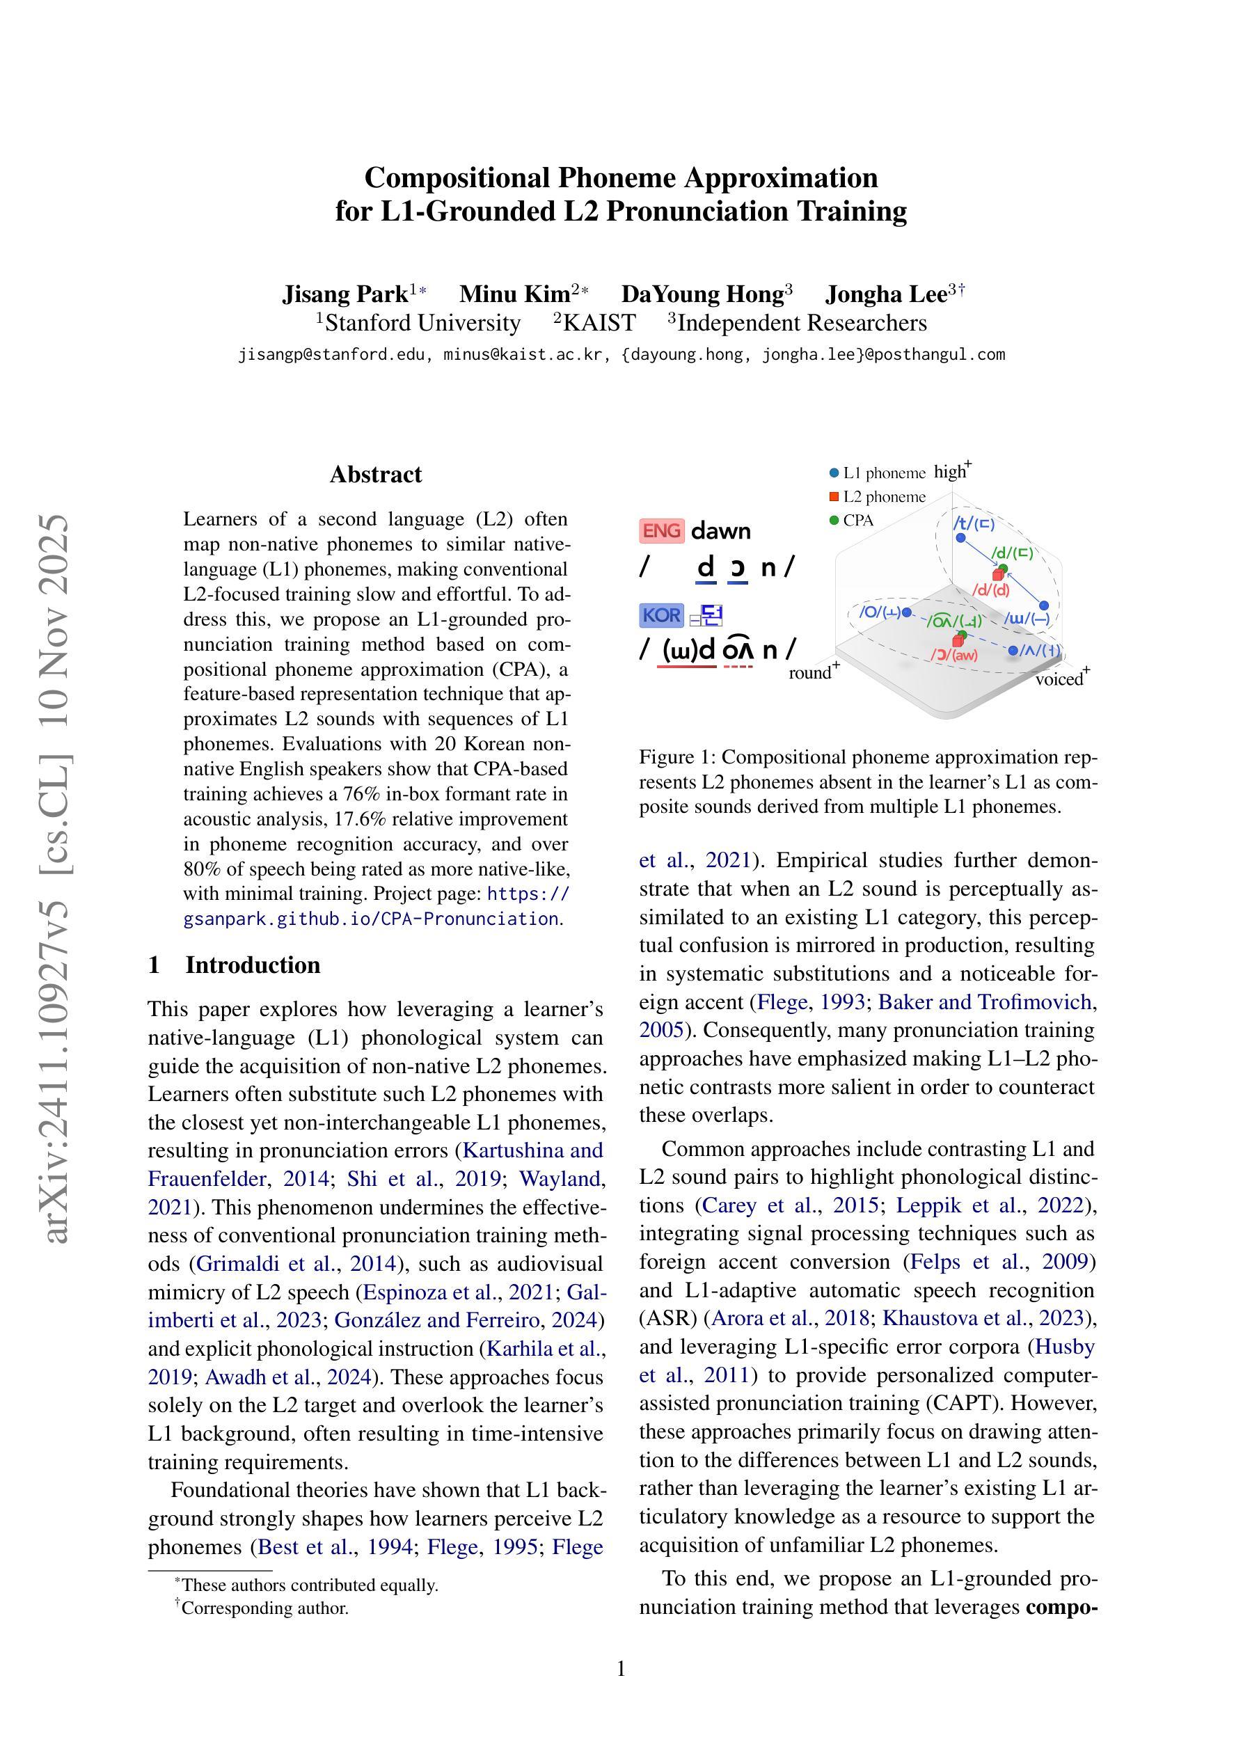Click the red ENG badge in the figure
tap(661, 530)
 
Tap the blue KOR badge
tap(661, 615)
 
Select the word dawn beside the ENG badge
tap(721, 530)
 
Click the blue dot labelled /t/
tap(960, 537)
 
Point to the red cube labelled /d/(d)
tap(997, 575)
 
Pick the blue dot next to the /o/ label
tap(907, 612)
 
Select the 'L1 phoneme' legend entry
tap(878, 473)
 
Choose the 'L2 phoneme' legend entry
tap(878, 497)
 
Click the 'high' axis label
tap(951, 472)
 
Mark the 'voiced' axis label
tap(1061, 679)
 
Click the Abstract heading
tap(375, 475)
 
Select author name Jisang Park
tap(345, 294)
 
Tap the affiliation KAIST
tap(599, 323)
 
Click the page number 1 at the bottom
tap(621, 1668)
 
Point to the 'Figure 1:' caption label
tap(678, 757)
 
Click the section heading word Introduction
tap(253, 965)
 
